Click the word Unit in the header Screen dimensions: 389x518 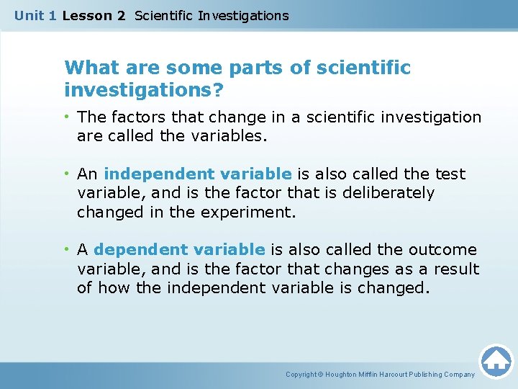[x=29, y=16]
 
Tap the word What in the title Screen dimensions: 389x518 [x=86, y=68]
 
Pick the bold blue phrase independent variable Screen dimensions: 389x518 [x=198, y=174]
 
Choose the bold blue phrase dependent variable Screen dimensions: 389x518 [x=179, y=250]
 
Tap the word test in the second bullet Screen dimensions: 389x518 [x=450, y=174]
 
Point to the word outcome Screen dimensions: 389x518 [x=442, y=250]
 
